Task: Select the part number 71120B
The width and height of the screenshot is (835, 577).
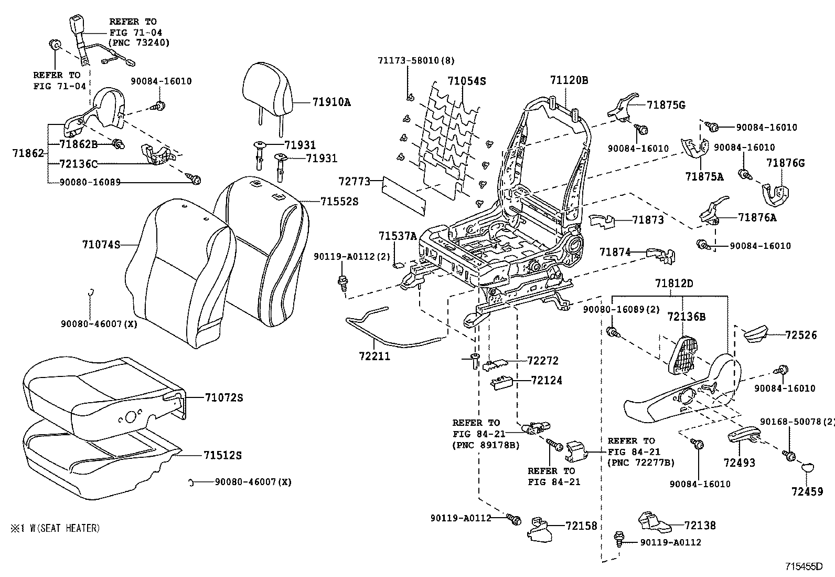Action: click(x=569, y=80)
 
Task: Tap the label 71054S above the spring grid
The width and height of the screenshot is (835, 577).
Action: click(x=466, y=81)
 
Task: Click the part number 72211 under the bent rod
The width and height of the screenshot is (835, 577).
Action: click(x=374, y=356)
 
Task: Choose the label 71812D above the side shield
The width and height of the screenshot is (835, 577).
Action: click(x=673, y=284)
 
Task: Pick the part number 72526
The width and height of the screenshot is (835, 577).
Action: click(x=801, y=334)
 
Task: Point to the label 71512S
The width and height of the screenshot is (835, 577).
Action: click(x=222, y=455)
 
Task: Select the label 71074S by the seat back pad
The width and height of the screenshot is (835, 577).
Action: click(x=101, y=244)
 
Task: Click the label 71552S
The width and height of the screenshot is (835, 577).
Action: click(x=339, y=201)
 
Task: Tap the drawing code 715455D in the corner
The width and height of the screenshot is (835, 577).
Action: click(x=804, y=566)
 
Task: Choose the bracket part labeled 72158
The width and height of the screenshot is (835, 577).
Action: click(x=537, y=531)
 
